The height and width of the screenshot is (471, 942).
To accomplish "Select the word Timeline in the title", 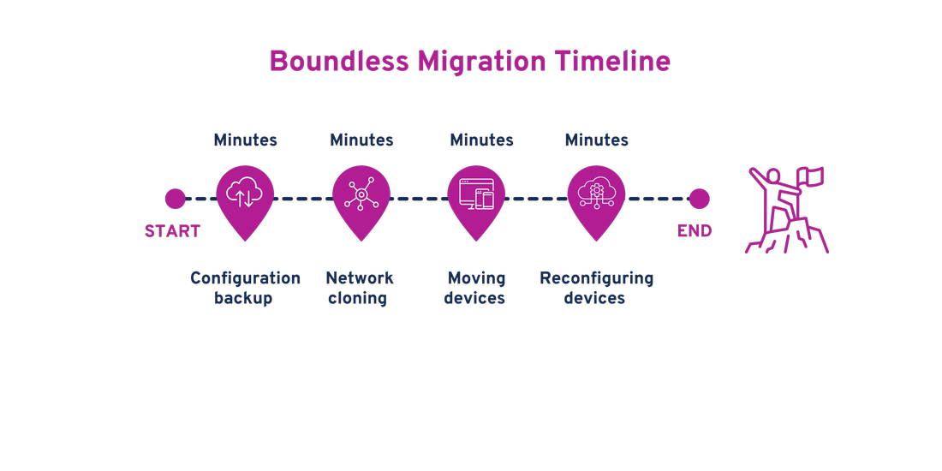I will click(612, 62).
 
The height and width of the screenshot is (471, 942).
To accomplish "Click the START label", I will click(172, 231).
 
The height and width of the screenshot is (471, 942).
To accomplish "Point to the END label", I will click(695, 231).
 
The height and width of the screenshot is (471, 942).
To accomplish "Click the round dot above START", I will click(175, 199).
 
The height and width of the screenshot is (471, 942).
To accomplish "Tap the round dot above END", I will click(699, 199).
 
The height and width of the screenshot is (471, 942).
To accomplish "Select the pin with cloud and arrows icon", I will click(245, 197).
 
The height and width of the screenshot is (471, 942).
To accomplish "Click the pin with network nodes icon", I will click(361, 197).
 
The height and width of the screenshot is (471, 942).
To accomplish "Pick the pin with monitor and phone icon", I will click(477, 197).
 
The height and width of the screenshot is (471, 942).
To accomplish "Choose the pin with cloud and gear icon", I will click(597, 197).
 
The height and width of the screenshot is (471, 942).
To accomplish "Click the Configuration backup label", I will click(245, 288).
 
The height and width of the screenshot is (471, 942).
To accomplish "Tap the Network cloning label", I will click(359, 288).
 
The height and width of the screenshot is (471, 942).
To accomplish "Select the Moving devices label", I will click(475, 288).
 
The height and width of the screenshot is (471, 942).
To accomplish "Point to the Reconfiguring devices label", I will click(596, 288).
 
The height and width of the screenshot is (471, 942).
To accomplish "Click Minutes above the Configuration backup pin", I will click(245, 140).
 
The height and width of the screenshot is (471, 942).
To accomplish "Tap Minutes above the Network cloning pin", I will click(361, 140).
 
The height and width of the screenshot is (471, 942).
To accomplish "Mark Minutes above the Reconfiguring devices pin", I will click(597, 140).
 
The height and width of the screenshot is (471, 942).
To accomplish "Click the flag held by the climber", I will click(811, 176).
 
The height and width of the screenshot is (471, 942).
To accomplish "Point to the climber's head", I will click(774, 176).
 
